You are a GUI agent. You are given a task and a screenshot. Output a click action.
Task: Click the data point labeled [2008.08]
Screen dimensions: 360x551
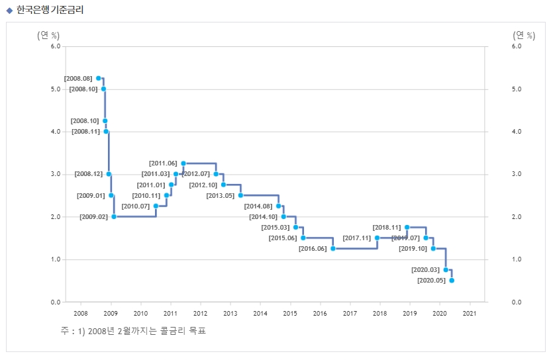[x=99, y=78]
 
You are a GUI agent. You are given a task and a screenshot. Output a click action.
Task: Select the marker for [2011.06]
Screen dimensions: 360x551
[x=183, y=163]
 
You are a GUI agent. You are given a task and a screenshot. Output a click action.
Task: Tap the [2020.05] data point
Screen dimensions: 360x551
[x=452, y=281]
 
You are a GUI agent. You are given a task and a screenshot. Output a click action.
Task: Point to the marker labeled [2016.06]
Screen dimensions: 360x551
[x=332, y=249]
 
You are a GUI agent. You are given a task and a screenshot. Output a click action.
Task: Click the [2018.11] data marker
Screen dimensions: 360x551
[x=407, y=227]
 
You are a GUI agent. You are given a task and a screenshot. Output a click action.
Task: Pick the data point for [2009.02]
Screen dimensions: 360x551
[x=114, y=216]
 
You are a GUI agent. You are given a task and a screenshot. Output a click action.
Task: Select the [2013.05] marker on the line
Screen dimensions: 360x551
[x=240, y=195]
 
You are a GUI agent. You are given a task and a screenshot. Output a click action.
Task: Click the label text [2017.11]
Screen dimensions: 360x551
[x=356, y=238]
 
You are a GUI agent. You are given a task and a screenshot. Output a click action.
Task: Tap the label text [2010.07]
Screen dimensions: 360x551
[x=135, y=206]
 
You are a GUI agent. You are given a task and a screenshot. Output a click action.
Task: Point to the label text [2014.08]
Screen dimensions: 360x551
[x=258, y=206]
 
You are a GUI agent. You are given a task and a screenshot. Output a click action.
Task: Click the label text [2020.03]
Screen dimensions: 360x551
[x=425, y=270]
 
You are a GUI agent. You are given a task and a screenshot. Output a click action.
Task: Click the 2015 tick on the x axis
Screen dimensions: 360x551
[x=290, y=314]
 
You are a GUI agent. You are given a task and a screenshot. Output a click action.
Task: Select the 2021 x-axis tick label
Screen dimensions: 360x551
[x=470, y=314]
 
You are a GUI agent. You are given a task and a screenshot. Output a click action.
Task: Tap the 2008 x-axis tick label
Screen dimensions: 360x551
[x=81, y=314]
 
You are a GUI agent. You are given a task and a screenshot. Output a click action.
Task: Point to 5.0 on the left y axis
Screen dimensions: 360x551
[x=55, y=89]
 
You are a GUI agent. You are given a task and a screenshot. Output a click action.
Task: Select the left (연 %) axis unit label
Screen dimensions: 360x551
[x=48, y=35]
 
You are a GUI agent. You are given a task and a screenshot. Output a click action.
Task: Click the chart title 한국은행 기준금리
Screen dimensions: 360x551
[x=50, y=10]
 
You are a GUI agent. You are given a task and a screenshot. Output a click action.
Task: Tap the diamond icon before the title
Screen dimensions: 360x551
[x=9, y=10]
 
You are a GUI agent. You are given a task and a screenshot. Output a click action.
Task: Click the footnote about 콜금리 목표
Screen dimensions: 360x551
[x=132, y=330]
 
